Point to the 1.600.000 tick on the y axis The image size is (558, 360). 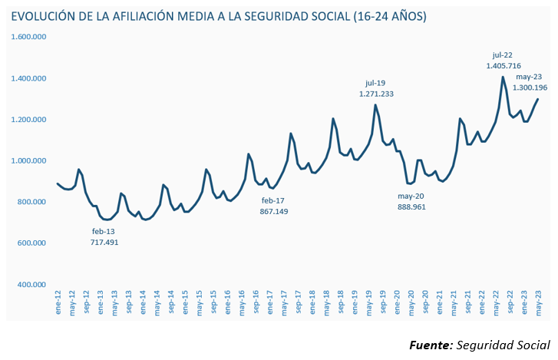pos(28,37)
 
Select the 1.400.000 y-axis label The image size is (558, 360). pos(28,78)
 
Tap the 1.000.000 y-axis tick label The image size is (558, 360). pos(28,160)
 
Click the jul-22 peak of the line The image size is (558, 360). pos(503,77)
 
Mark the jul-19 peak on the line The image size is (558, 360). pos(376,105)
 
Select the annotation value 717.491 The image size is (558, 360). pos(104,243)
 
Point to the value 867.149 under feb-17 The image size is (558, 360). pos(274,211)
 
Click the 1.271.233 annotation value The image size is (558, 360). pos(376,94)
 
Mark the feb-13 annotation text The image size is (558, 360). pos(104,231)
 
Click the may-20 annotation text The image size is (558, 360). pos(411,196)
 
